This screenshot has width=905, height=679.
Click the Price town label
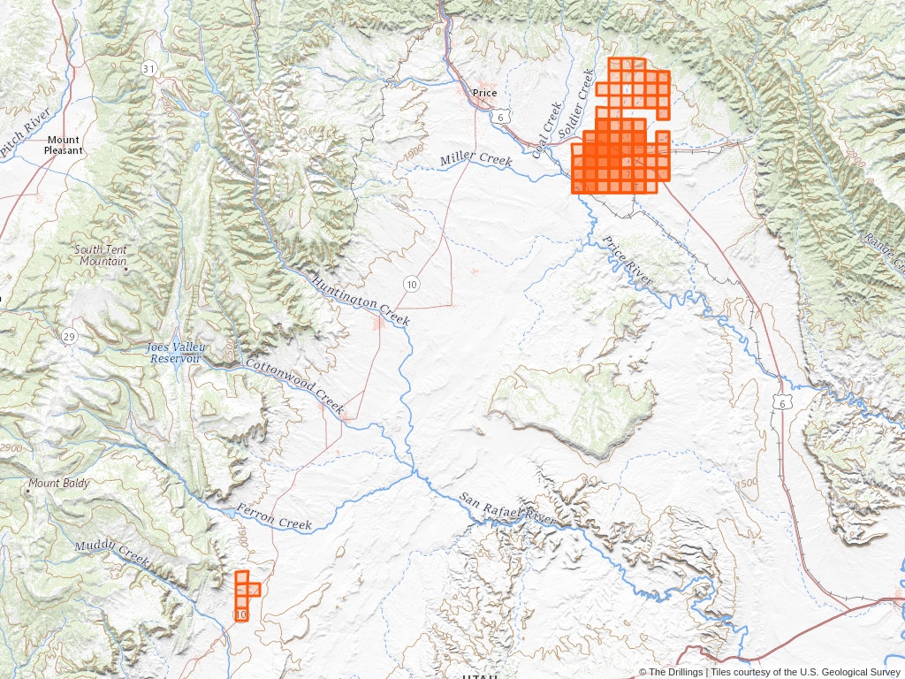coord(485,93)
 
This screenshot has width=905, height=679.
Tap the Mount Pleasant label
coord(64,145)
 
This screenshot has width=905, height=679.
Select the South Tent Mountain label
coord(102,256)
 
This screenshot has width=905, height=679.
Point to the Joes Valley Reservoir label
coord(174,353)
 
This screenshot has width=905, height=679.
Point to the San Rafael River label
coord(508,510)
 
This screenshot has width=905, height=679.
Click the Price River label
coord(627,261)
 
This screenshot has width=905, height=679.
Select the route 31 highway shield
coord(148,68)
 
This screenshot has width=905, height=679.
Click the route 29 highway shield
coord(68,336)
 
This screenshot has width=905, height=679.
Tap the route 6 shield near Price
coord(500,117)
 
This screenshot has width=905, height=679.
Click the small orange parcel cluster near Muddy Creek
coord(245,595)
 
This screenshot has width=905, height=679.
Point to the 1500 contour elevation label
coord(747,483)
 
